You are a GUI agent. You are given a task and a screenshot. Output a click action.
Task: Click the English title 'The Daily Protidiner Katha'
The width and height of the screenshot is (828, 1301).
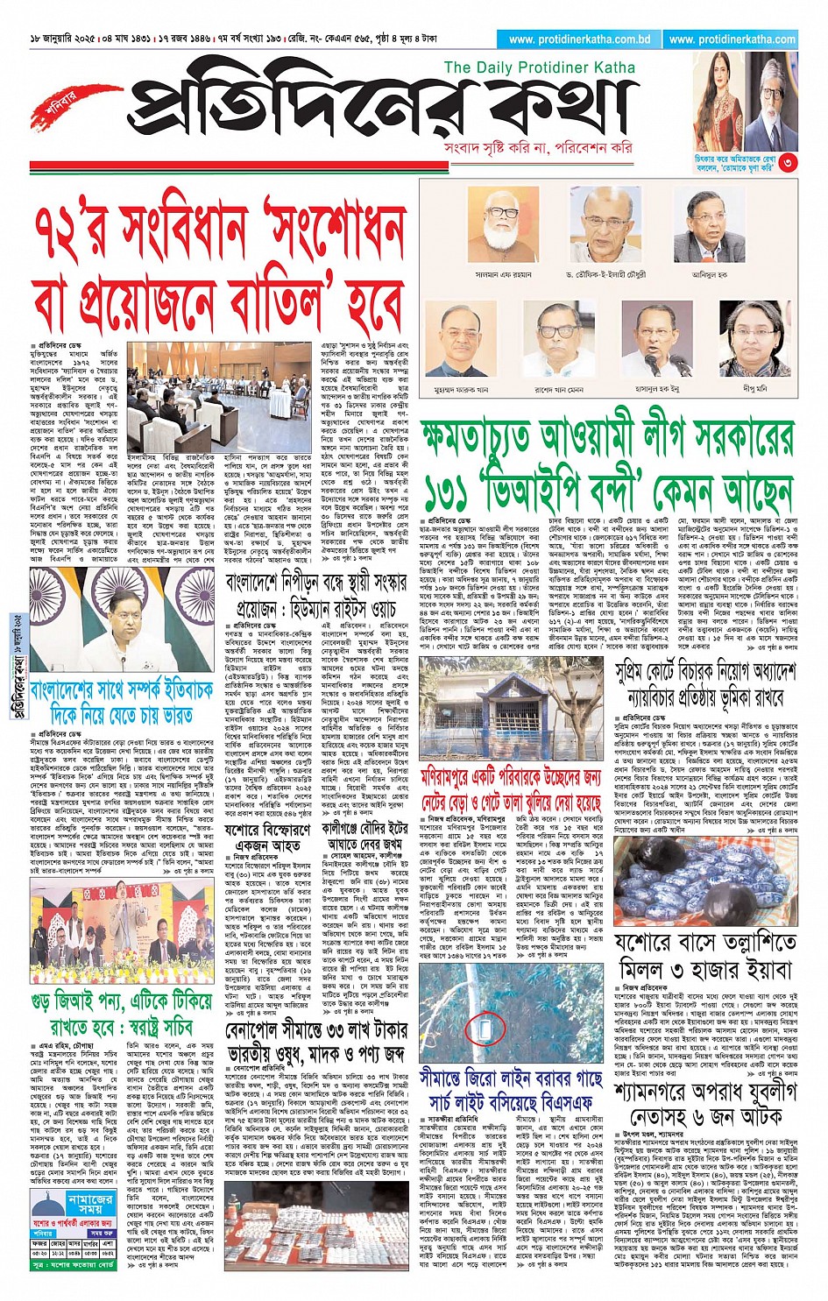pos(539,67)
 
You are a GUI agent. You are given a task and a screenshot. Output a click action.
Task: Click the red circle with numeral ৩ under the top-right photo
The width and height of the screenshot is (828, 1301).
pos(788,161)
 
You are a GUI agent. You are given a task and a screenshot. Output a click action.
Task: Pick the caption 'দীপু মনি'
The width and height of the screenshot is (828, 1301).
pos(754,386)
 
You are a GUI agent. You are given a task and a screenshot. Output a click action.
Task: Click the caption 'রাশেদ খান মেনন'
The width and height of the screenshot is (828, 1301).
pos(558,386)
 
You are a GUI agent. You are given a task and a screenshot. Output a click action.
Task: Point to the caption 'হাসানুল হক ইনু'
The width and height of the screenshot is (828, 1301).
pos(658,386)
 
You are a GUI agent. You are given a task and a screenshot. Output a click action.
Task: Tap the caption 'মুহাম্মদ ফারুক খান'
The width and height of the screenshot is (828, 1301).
pos(460,386)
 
